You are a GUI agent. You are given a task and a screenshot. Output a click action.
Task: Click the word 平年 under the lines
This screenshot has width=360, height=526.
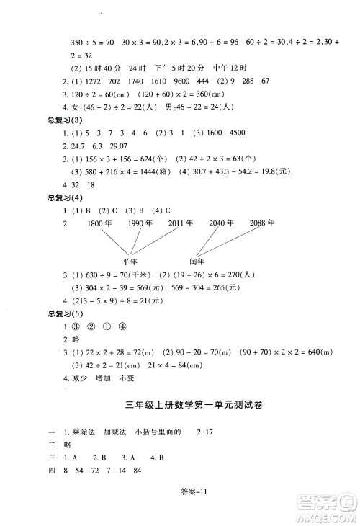coord(130,262)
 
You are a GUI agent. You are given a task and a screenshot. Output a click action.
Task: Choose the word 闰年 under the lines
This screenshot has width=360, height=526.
coord(197,262)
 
